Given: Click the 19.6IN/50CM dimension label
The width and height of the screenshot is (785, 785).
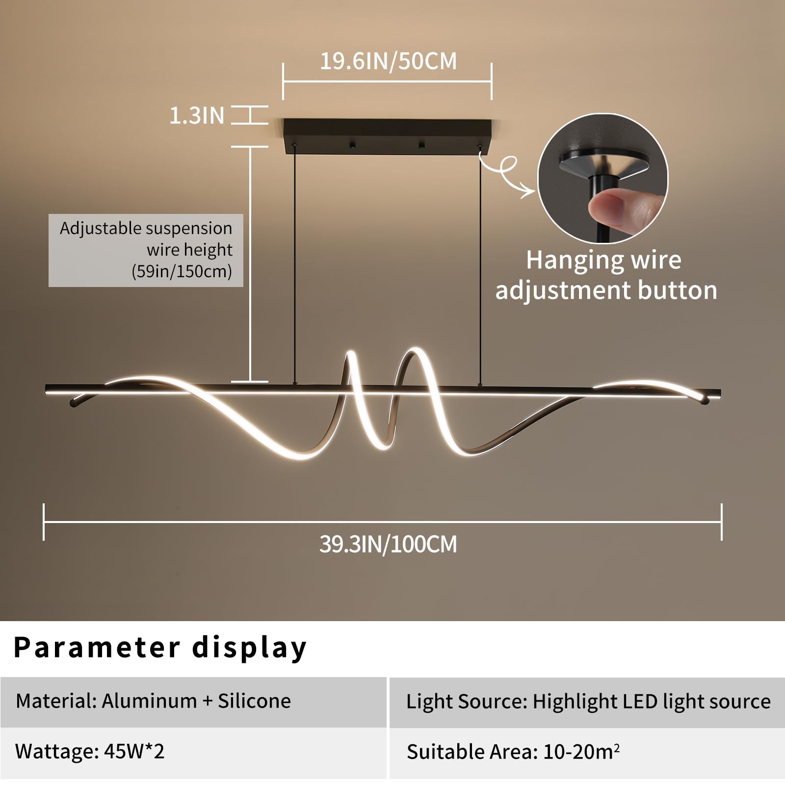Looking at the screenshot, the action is click(388, 61).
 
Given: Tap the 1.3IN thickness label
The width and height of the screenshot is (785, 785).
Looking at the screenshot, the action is click(197, 115).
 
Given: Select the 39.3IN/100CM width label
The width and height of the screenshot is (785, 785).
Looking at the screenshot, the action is click(388, 544).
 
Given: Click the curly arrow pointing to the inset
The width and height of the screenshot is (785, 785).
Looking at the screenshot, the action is click(505, 172).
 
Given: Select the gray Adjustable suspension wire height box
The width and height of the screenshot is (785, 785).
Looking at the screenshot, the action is click(146, 250).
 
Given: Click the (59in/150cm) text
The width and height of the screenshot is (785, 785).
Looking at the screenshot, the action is click(182, 271).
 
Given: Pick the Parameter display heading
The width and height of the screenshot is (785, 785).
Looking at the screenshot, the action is click(160, 648).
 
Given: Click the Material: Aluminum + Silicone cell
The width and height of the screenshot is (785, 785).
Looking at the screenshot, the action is click(193, 702).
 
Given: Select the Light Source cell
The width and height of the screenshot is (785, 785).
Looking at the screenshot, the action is click(587, 702).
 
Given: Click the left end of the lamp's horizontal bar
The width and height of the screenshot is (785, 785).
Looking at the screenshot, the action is click(46, 390).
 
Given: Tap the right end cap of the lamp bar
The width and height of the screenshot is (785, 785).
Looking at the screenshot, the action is click(718, 392).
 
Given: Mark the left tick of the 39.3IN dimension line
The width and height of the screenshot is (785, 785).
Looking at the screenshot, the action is click(44, 522).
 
